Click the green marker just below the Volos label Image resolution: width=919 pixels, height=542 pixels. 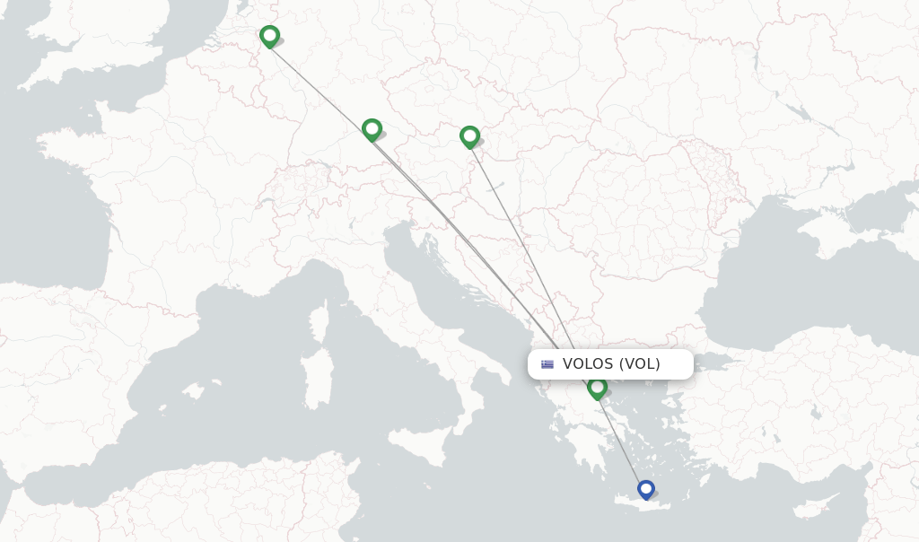[597, 388]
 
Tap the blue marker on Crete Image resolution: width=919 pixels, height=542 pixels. [646, 489]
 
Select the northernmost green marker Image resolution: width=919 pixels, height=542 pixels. [269, 36]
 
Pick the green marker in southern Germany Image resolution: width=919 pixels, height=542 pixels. [372, 129]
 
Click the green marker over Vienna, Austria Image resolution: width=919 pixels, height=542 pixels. [469, 136]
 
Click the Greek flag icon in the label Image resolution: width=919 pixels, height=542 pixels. [547, 364]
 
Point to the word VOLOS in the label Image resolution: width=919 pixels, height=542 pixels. [588, 364]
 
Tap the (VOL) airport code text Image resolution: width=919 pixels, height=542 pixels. [639, 364]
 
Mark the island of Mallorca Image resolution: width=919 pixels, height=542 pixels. [192, 391]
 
